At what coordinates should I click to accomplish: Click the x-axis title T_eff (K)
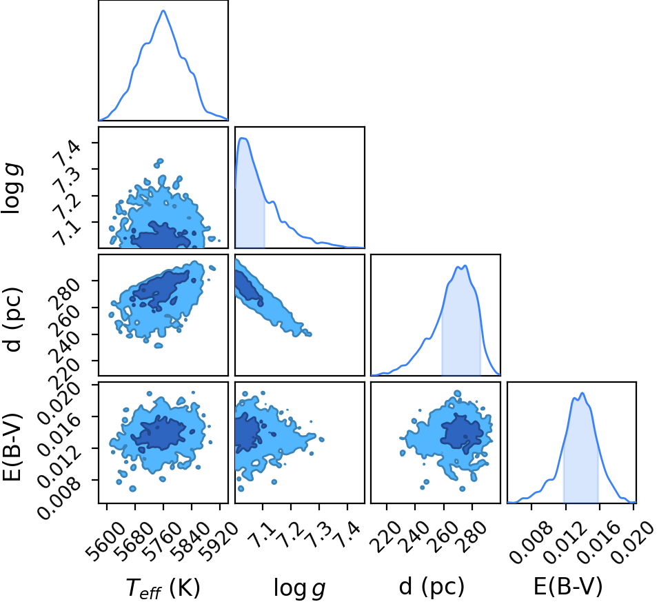click(163, 588)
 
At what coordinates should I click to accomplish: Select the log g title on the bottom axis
click(299, 588)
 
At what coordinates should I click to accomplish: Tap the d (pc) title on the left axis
click(12, 319)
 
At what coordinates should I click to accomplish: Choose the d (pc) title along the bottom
click(432, 586)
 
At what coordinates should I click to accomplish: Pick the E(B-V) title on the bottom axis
click(568, 586)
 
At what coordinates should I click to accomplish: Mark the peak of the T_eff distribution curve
click(163, 10)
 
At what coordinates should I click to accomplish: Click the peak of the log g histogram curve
click(243, 138)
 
